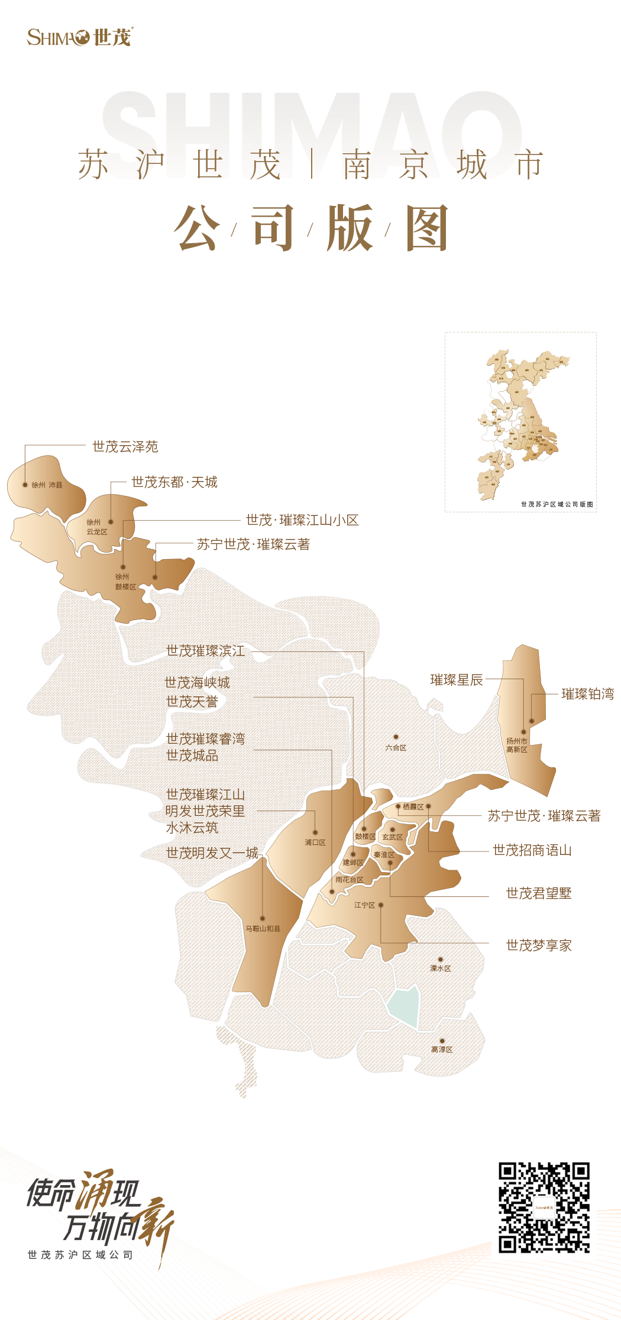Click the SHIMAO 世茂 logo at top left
tap(80, 37)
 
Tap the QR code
tap(544, 1208)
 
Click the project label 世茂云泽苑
tap(125, 447)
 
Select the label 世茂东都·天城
tap(174, 482)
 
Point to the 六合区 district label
tap(396, 748)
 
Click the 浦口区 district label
tap(315, 842)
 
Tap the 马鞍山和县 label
tap(263, 928)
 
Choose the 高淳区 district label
tap(442, 1049)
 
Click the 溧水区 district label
tap(441, 968)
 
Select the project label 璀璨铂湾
tap(587, 694)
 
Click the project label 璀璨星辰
tap(457, 680)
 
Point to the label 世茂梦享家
tap(539, 945)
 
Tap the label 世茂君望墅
tap(539, 893)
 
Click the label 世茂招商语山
tap(532, 850)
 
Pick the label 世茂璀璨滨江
tap(205, 651)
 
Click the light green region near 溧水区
tap(405, 1006)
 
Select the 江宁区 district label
tap(365, 905)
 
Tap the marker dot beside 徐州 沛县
tap(25, 485)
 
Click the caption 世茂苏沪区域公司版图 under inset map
tap(557, 504)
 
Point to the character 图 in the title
tap(427, 228)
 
